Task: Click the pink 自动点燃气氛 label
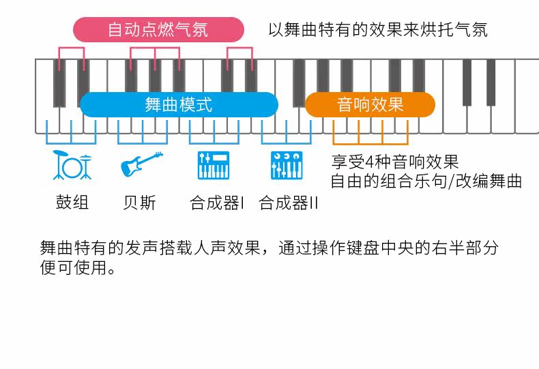(x=158, y=30)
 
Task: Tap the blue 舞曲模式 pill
(x=179, y=104)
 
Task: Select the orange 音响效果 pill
(x=370, y=104)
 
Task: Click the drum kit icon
(x=72, y=165)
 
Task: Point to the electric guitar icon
(x=142, y=165)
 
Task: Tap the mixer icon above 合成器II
(x=287, y=165)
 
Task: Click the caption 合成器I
(x=217, y=203)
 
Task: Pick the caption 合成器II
(x=289, y=203)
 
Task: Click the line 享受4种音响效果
(x=395, y=163)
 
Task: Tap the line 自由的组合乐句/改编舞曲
(x=426, y=181)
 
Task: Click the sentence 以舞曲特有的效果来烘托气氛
(x=377, y=30)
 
